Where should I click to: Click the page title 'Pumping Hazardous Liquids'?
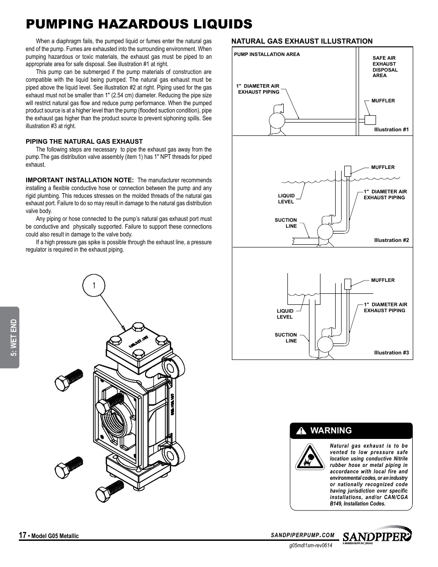pos(139,23)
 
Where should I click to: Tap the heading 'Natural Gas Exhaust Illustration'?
pos(302,41)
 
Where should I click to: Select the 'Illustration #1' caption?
pos(391,129)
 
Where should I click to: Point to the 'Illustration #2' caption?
pos(391,240)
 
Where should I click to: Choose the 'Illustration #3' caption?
pos(391,353)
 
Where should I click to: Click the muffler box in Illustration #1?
pos(370,119)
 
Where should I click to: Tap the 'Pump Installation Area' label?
pos(267,54)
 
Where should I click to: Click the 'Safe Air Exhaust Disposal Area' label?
pos(385,67)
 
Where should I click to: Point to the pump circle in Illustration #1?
pos(277,122)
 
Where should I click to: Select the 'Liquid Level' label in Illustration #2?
pos(286,199)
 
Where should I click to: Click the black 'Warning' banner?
pos(351,431)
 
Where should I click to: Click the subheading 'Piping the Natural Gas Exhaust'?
pos(84,141)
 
